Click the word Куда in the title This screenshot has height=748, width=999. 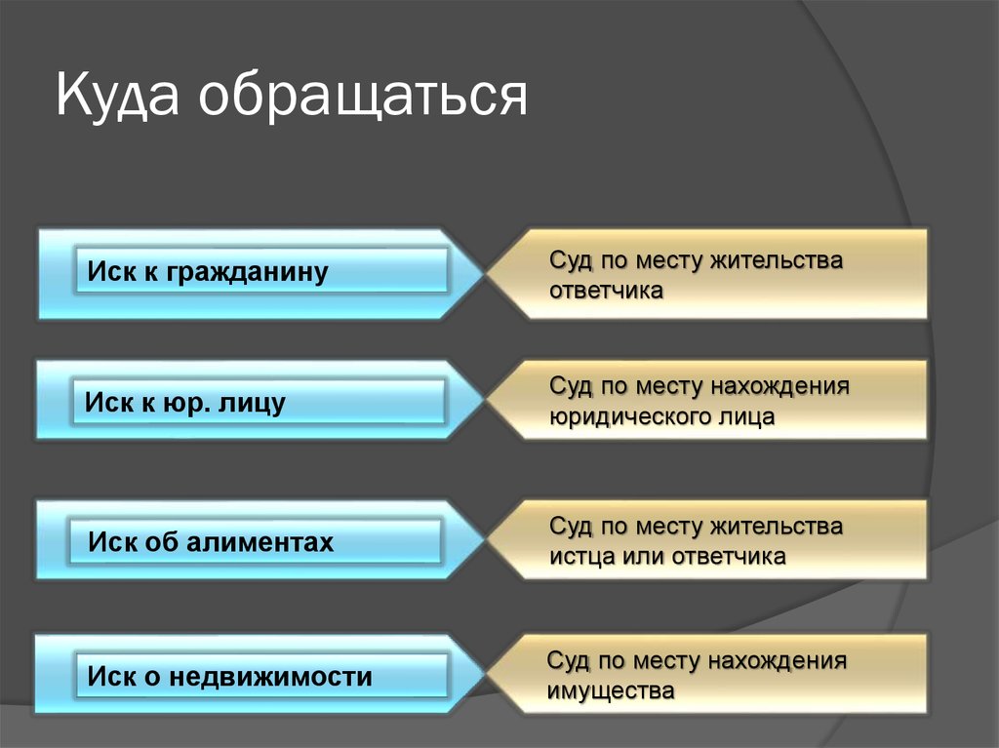pyautogui.click(x=117, y=96)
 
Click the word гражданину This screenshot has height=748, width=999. pyautogui.click(x=247, y=273)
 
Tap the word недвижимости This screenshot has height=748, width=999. pyautogui.click(x=271, y=676)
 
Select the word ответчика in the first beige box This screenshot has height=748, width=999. pyautogui.click(x=606, y=291)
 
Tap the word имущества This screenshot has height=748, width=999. pyautogui.click(x=611, y=691)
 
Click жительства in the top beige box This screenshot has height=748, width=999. pyautogui.click(x=776, y=260)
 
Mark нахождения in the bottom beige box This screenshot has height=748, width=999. pyautogui.click(x=778, y=661)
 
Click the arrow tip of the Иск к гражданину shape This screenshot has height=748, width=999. pyautogui.click(x=484, y=274)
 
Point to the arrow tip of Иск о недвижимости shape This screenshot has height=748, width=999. pyautogui.click(x=485, y=674)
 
